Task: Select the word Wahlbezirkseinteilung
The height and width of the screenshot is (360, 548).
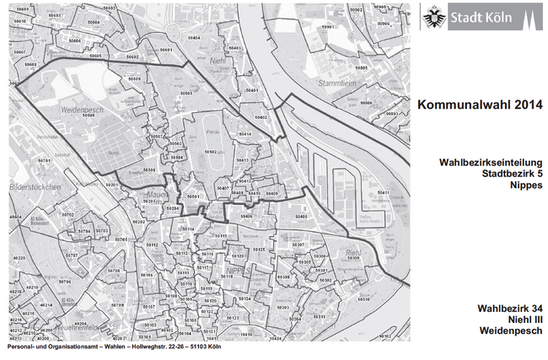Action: pyautogui.click(x=486, y=161)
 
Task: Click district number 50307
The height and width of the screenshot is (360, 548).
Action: pyautogui.click(x=298, y=244)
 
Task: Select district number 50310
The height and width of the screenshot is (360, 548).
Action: pyautogui.click(x=363, y=298)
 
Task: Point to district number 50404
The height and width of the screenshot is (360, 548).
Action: pyautogui.click(x=194, y=38)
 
